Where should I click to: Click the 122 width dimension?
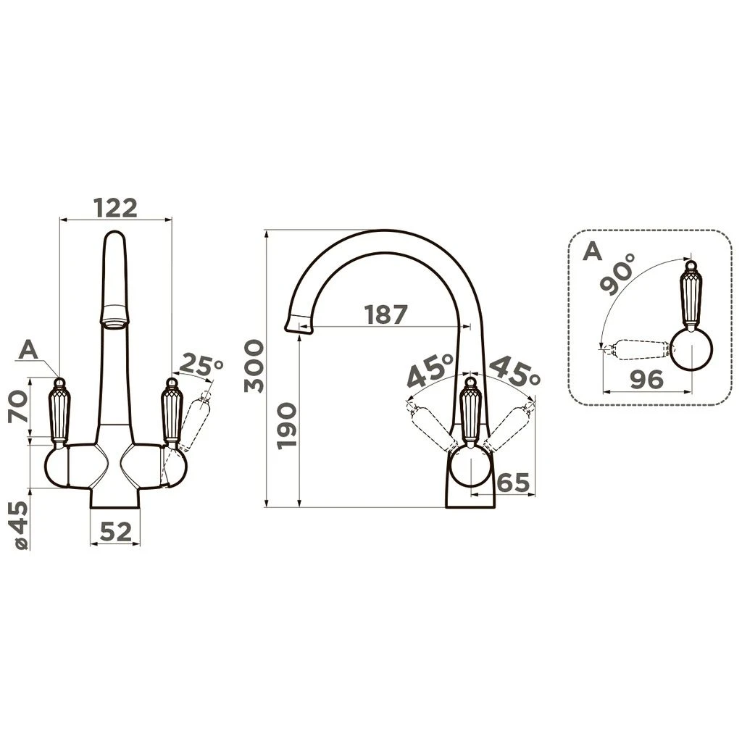tap(115, 208)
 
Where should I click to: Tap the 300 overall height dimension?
tap(254, 366)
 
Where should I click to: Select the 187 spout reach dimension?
tap(385, 314)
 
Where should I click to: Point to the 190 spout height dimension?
tap(287, 425)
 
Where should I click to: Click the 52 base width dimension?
tap(116, 533)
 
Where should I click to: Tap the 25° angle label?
tap(201, 365)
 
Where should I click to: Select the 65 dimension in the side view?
tap(514, 483)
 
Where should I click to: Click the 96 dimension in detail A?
tap(647, 379)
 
